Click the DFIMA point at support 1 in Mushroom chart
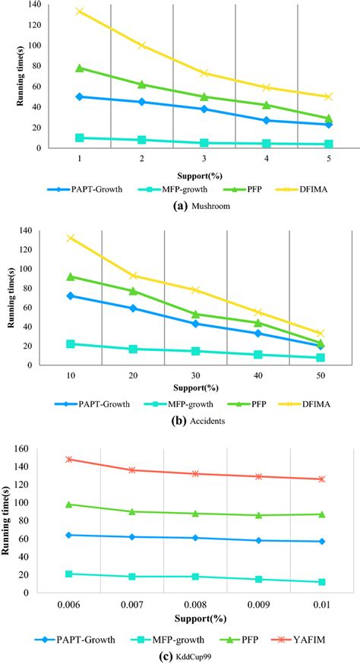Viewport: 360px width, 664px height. coord(79,11)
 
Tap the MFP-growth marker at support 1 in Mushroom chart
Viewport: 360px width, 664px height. coord(79,138)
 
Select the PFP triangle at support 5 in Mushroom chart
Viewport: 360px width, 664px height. coord(328,119)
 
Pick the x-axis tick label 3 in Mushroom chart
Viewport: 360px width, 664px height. coord(204,159)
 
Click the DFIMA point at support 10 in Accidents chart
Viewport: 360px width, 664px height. coord(71,238)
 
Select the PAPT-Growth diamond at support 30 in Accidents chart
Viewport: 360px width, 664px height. coord(195,324)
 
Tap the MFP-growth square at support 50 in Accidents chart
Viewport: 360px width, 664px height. coord(321,357)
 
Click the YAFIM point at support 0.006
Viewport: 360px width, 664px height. coord(69,459)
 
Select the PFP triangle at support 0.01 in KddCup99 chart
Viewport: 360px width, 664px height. coord(321,514)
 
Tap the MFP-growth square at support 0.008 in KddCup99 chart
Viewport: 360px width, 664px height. coord(195,577)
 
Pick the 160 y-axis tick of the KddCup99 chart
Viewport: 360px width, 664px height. coord(27,449)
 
